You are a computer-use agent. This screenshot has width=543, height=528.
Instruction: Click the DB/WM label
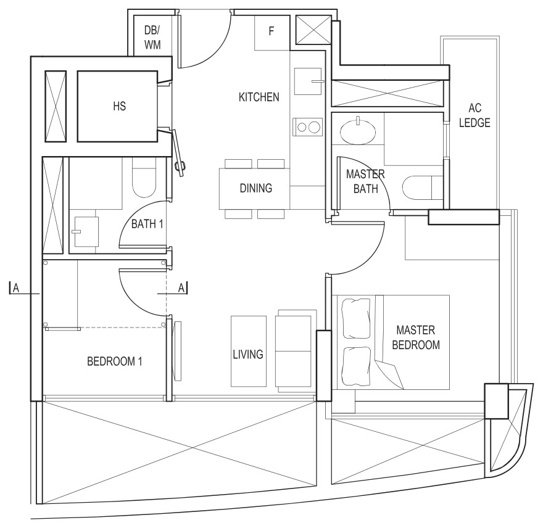(152, 38)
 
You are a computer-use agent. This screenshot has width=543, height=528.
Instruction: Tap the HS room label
(120, 106)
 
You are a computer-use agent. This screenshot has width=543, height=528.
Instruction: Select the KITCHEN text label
(259, 97)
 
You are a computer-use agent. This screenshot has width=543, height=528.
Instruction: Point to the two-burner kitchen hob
(308, 127)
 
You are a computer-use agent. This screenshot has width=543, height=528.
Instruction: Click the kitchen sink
(308, 81)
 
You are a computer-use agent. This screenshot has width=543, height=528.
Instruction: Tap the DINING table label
(256, 188)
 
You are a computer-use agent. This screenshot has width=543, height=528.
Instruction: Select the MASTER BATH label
(365, 181)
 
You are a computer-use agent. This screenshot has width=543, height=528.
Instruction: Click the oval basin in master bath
(357, 132)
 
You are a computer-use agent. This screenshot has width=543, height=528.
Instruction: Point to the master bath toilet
(423, 188)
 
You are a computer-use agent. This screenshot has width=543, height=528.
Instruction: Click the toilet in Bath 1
(144, 178)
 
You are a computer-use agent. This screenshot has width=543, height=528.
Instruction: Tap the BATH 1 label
(147, 225)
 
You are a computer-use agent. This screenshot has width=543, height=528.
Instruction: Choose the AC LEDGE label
(475, 115)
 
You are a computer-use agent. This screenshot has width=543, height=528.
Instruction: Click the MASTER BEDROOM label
(416, 337)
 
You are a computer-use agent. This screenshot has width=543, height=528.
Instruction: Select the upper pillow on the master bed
(356, 318)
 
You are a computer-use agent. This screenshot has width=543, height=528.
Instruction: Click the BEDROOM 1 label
(115, 361)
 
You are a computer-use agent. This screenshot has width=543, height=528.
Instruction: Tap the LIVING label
(248, 355)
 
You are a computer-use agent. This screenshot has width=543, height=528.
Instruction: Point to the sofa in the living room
(296, 351)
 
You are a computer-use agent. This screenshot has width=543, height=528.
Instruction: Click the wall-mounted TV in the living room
(177, 351)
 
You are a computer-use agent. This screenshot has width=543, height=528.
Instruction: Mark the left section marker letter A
(16, 288)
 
